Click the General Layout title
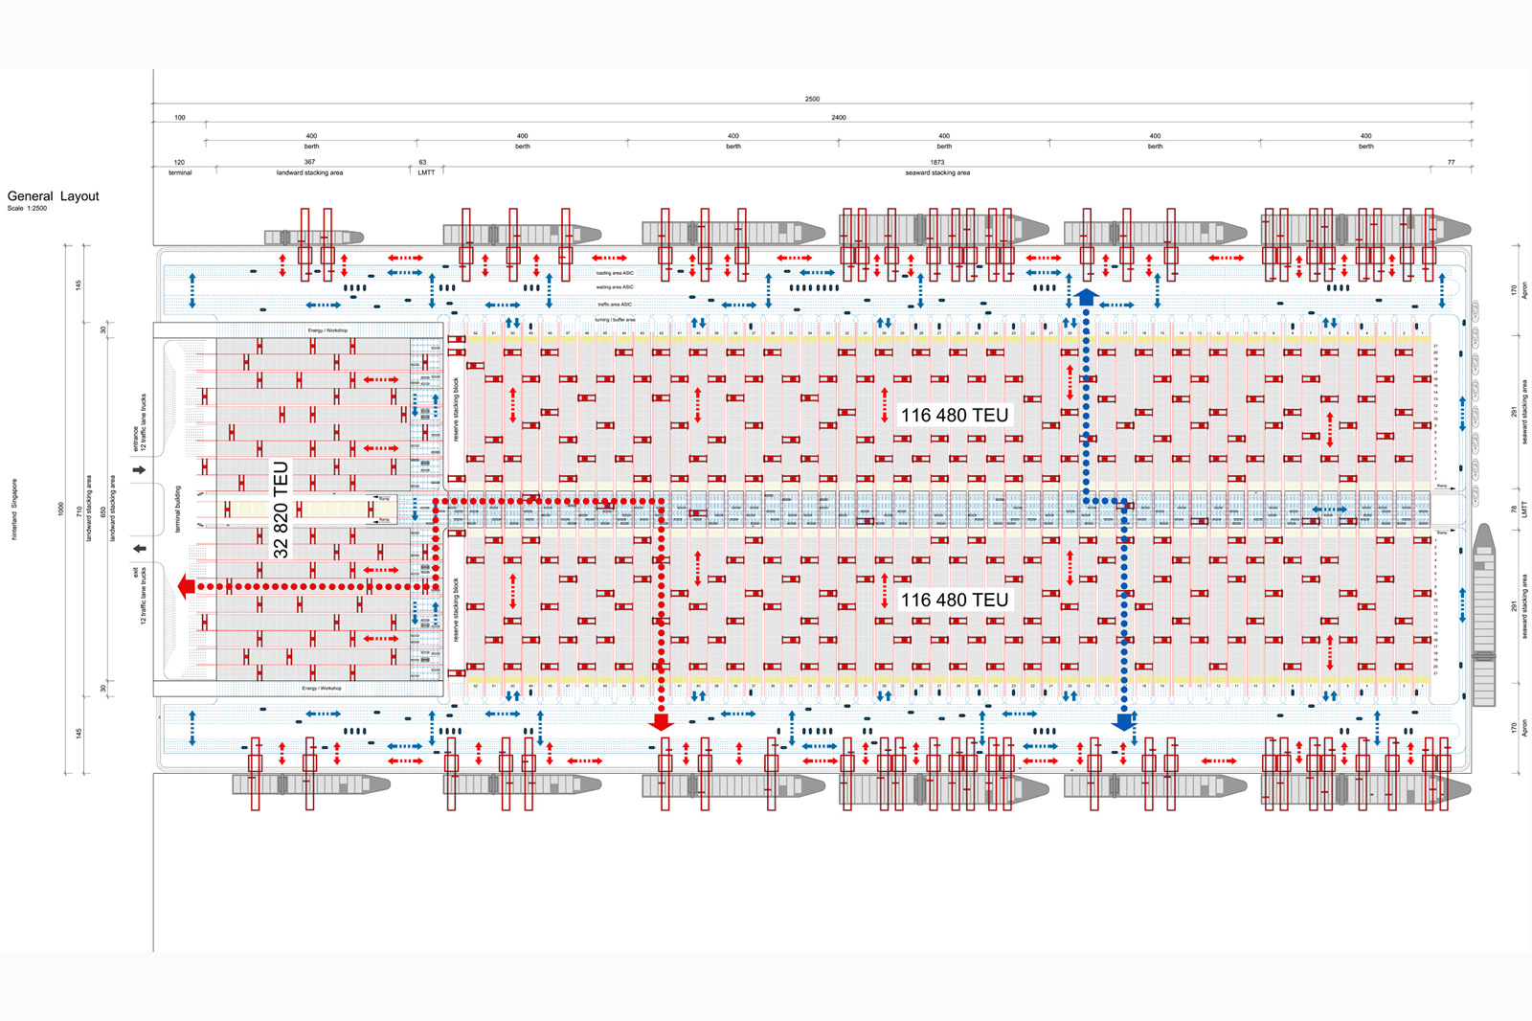click(54, 196)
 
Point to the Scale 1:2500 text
click(27, 209)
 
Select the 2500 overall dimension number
click(812, 99)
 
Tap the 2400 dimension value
click(839, 118)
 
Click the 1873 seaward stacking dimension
click(937, 163)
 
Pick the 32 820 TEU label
click(281, 510)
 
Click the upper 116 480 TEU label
click(955, 415)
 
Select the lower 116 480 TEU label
click(955, 600)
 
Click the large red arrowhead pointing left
click(186, 586)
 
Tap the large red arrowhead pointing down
click(661, 722)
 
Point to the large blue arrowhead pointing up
click(1086, 297)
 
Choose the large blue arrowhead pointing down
click(1124, 722)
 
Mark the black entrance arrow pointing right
click(139, 470)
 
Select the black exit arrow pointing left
click(139, 549)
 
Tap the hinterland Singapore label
click(14, 510)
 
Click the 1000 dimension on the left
click(60, 510)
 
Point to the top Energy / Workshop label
click(327, 330)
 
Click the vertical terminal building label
click(177, 510)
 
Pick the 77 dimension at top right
click(1451, 163)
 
